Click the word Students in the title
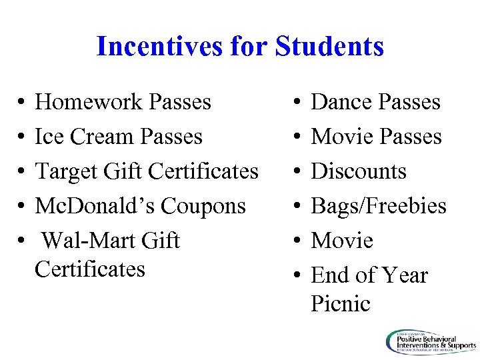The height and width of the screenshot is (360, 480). [x=329, y=47]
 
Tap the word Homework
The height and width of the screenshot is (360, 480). [x=89, y=102]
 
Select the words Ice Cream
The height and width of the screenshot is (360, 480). [x=76, y=137]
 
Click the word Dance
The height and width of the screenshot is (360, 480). [x=341, y=102]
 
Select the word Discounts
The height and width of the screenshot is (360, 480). [x=359, y=171]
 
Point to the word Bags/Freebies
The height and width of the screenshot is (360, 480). [x=379, y=206]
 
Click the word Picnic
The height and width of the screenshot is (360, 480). [x=341, y=303]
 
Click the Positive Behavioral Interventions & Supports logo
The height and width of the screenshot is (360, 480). [x=430, y=341]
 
